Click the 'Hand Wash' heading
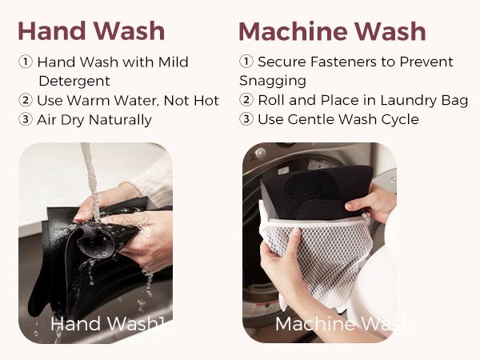[91, 31]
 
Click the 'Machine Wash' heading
[332, 31]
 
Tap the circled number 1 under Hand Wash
[26, 62]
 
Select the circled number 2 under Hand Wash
[26, 100]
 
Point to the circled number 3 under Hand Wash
[26, 119]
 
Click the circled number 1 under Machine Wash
[246, 62]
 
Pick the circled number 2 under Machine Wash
[246, 100]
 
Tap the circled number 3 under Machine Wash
[246, 119]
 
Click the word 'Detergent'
[74, 81]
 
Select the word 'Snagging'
[273, 81]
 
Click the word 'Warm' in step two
[88, 101]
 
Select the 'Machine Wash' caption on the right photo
[343, 323]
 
